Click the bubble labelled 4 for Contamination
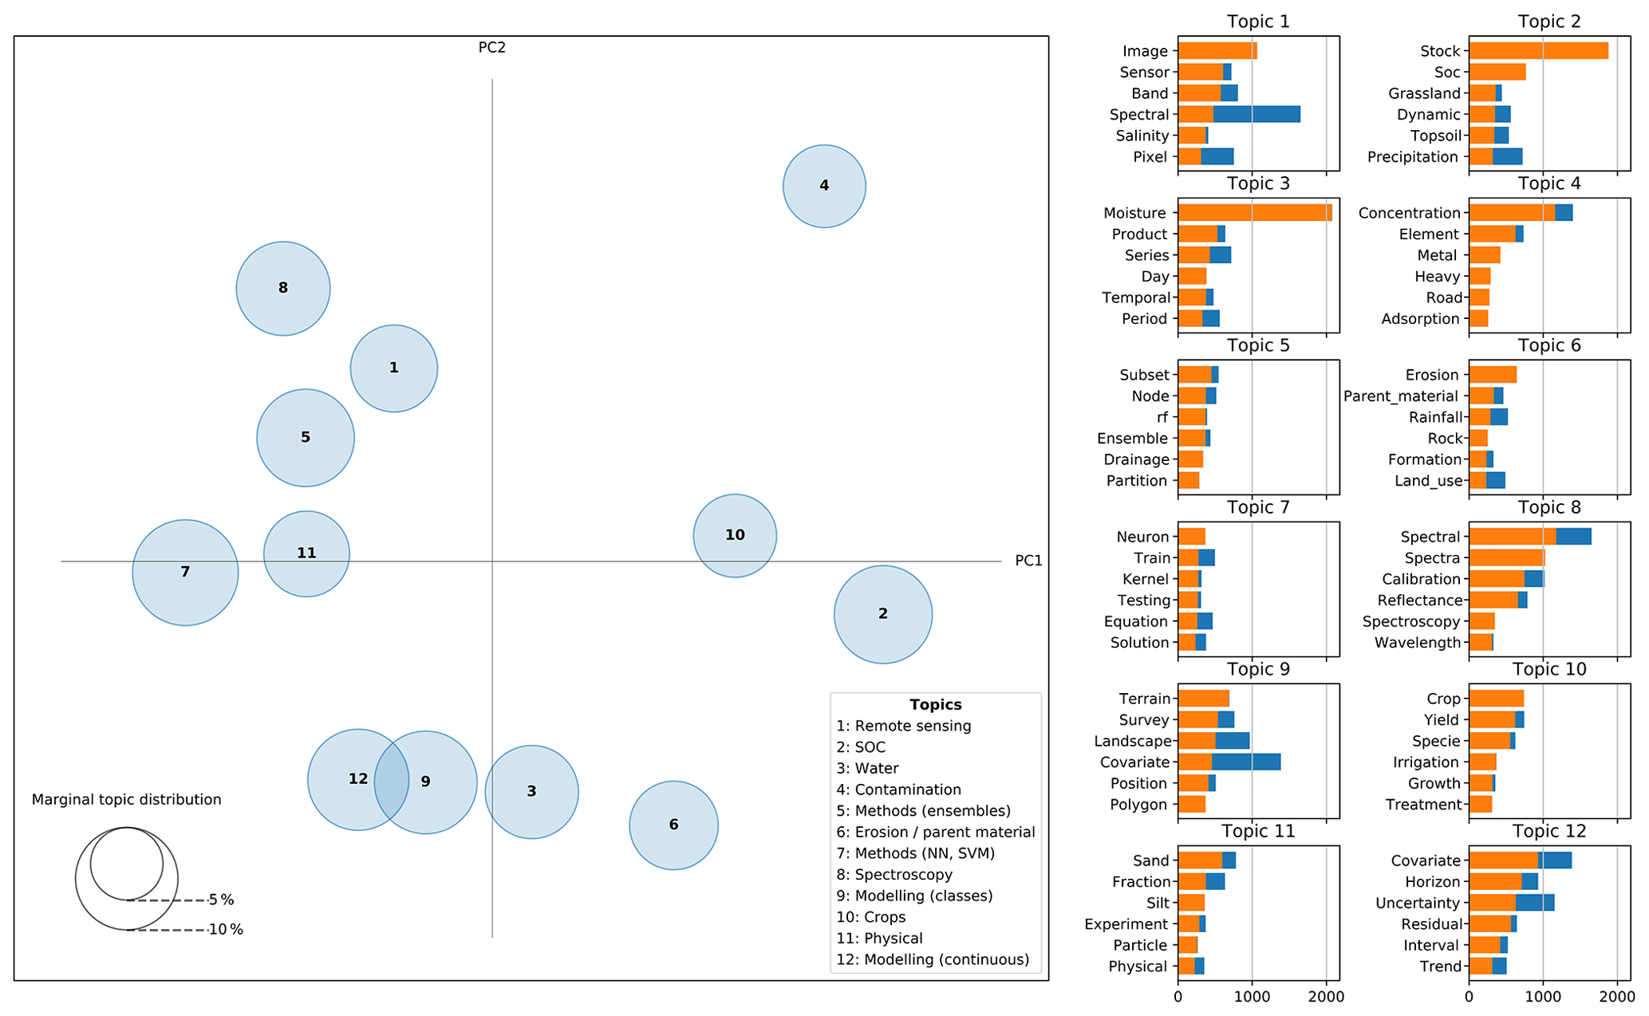tap(823, 186)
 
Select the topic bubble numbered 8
tap(282, 288)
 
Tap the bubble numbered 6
tap(673, 825)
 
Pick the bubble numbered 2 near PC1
tap(882, 614)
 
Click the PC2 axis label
tap(491, 48)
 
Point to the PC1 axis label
tap(1028, 561)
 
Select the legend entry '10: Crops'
tap(870, 917)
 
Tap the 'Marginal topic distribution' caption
tap(126, 800)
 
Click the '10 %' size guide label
tap(226, 930)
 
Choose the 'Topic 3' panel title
tap(1258, 183)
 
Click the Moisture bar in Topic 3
tap(1254, 213)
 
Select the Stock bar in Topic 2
tap(1537, 51)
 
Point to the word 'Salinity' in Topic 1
tap(1142, 136)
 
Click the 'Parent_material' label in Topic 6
tap(1400, 396)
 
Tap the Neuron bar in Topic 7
tap(1191, 537)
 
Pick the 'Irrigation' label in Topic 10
tap(1426, 762)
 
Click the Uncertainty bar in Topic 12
tap(1511, 903)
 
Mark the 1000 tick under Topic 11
tap(1252, 997)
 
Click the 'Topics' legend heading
tap(935, 705)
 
